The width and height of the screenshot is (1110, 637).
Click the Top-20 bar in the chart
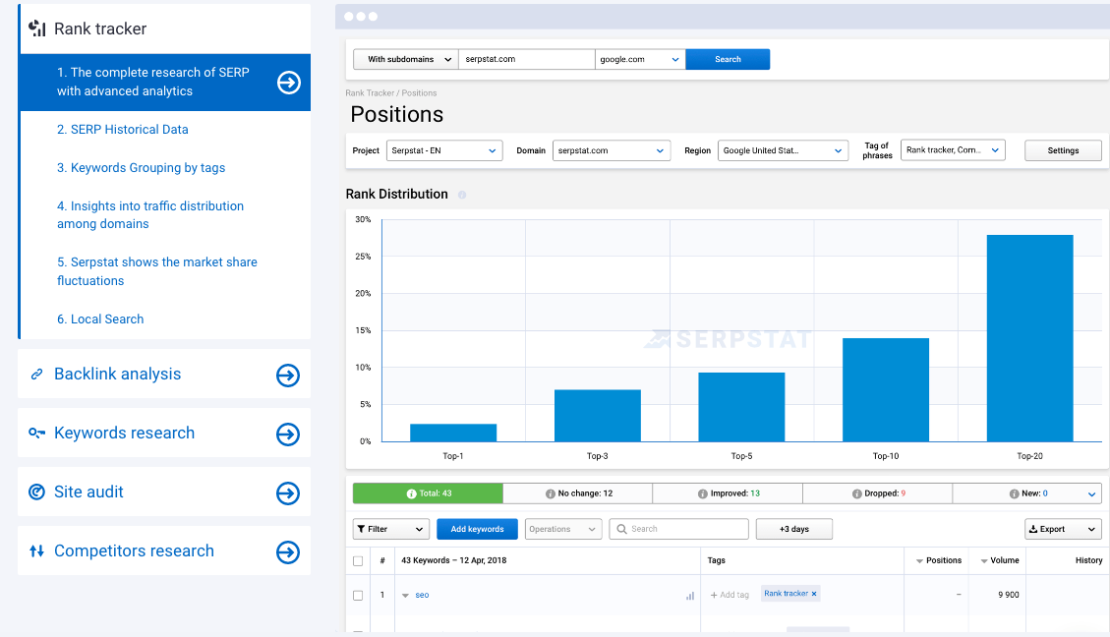(1029, 338)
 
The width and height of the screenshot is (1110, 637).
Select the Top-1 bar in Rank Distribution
(453, 433)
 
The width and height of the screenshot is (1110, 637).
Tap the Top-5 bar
(741, 407)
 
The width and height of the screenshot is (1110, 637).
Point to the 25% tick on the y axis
(363, 257)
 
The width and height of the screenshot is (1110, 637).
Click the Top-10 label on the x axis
(886, 456)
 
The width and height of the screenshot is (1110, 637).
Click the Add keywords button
(477, 529)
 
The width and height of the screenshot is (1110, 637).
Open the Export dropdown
(1063, 529)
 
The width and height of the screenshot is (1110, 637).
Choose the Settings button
(1063, 150)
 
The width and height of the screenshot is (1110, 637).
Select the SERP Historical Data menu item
(123, 130)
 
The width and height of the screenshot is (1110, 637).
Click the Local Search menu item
(100, 319)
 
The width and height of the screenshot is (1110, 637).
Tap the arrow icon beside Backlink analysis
(288, 376)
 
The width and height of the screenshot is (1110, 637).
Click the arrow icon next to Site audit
(288, 493)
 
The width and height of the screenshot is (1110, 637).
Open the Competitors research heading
(134, 550)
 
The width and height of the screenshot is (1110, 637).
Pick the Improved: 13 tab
(728, 493)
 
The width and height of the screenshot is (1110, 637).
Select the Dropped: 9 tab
(878, 493)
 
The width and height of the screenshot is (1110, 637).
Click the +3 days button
(794, 529)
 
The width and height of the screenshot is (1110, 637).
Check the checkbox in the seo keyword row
(358, 596)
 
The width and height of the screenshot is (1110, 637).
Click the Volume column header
(1000, 560)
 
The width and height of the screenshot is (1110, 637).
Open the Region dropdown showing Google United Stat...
(783, 150)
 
